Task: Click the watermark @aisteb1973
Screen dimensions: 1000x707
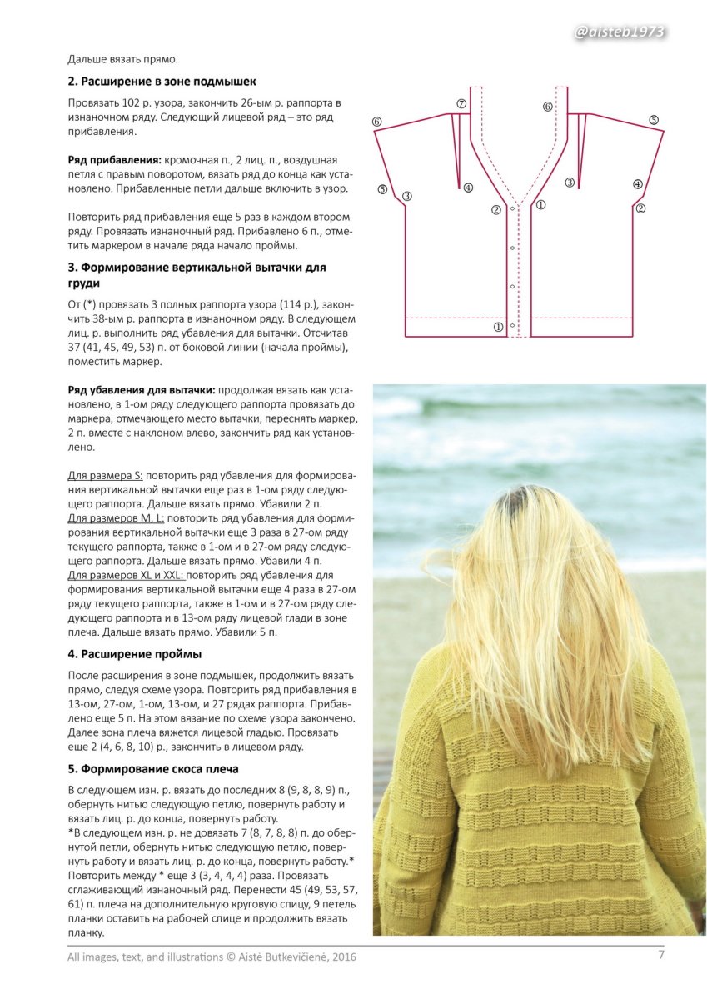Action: [620, 32]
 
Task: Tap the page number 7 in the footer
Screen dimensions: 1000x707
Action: [662, 955]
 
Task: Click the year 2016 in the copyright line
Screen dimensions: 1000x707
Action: [343, 957]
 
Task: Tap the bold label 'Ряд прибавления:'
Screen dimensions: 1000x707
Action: [114, 158]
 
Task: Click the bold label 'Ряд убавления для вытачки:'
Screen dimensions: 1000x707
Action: [141, 389]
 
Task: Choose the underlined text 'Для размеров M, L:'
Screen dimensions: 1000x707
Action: [116, 518]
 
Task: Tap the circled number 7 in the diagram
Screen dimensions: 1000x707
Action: [461, 104]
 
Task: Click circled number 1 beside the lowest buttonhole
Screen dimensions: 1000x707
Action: [499, 327]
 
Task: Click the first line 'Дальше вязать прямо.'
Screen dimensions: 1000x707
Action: [123, 59]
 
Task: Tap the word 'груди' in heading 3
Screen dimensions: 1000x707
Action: [83, 283]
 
